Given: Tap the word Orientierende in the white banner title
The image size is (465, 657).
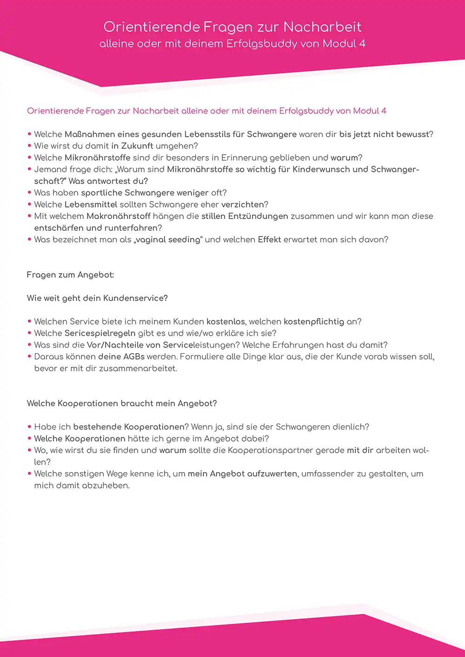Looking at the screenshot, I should [151, 27].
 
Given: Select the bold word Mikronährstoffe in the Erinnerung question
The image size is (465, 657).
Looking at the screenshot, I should [98, 158].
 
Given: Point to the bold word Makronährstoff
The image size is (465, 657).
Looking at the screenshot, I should [119, 216].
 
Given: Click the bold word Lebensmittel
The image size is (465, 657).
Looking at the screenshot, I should [91, 205].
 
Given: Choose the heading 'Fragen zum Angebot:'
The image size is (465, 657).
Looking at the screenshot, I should [70, 275].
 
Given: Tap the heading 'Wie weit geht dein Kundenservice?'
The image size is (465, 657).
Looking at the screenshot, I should [97, 298].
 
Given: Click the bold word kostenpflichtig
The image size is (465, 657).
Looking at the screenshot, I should [314, 322].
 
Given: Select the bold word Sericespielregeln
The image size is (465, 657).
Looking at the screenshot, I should [100, 333].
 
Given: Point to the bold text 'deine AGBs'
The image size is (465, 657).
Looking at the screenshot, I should [121, 357].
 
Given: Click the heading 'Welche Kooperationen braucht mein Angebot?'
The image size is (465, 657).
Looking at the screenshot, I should [122, 403].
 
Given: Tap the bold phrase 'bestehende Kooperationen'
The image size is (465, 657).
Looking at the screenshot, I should [129, 427].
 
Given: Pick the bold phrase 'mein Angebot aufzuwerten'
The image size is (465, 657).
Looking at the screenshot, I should [242, 474].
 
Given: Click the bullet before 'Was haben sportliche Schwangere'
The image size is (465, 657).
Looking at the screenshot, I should [30, 193].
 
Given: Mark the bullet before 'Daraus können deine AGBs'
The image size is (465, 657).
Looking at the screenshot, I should [30, 357].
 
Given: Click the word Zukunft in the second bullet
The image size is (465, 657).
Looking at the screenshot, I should [137, 146].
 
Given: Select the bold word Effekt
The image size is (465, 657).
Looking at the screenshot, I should [270, 240].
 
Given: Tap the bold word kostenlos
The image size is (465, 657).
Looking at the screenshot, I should [226, 322].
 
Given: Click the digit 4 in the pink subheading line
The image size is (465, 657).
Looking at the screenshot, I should [384, 111].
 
